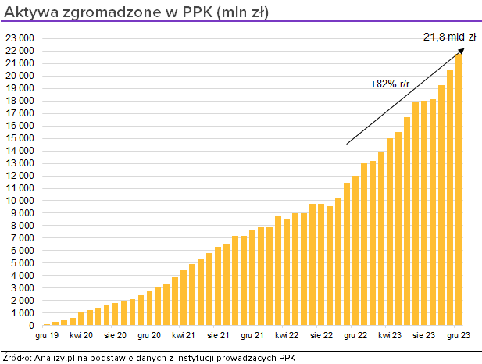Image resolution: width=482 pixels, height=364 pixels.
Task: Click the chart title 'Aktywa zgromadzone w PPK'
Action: click(x=137, y=12)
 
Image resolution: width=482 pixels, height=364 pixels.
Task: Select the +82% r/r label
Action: click(x=390, y=84)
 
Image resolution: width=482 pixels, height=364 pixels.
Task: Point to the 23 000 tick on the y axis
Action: click(x=20, y=38)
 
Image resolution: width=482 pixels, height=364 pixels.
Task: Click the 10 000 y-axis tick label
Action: click(x=20, y=201)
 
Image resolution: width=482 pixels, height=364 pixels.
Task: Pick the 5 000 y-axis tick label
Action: click(x=22, y=263)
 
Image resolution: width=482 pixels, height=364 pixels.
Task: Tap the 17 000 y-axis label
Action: click(x=20, y=113)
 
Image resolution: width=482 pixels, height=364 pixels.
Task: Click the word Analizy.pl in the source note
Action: click(x=54, y=357)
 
